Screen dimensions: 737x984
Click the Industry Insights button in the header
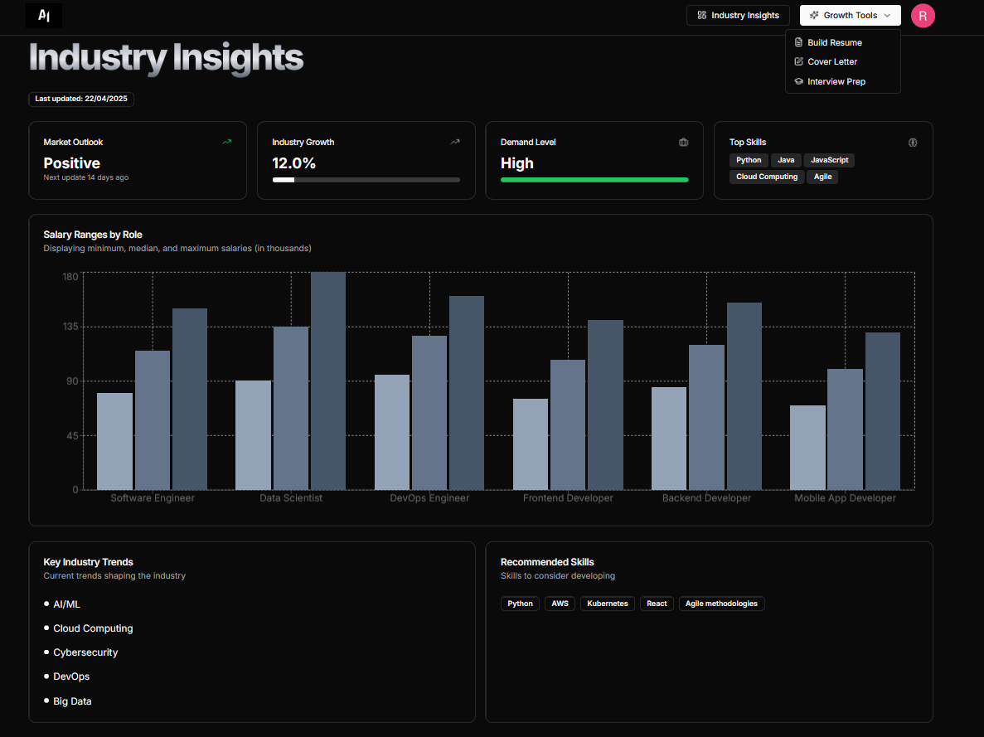pos(738,15)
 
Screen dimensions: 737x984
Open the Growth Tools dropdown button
pos(850,15)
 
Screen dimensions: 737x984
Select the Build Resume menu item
pos(834,42)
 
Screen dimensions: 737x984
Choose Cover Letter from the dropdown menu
pos(831,61)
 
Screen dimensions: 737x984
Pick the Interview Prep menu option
pos(836,81)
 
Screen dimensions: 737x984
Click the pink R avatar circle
pos(923,15)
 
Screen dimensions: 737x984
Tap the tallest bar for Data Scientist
pos(328,381)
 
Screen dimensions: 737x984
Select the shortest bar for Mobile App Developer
pos(807,448)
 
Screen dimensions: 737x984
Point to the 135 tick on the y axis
pos(70,327)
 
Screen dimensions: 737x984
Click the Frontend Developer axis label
pos(568,498)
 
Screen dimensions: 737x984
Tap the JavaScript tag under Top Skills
pos(829,160)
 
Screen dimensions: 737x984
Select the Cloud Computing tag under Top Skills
pos(767,177)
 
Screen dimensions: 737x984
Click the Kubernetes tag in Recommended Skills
pos(608,604)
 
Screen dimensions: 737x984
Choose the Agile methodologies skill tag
pos(721,604)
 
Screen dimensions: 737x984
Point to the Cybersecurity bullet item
pos(85,652)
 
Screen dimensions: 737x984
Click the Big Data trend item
pos(72,701)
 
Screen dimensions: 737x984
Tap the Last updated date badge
pos(81,99)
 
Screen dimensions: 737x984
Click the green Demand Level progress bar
pos(594,179)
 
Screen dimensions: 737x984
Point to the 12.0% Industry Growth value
pos(293,163)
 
